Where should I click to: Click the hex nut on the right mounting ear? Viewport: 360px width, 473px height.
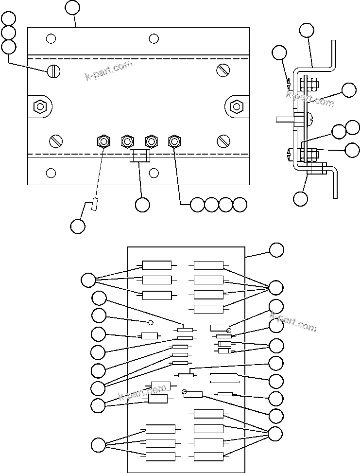[237, 105]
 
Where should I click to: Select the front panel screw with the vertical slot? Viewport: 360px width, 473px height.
[53, 71]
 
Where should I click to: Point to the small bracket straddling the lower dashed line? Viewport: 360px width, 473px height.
[139, 156]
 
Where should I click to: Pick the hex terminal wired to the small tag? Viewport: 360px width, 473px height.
[103, 141]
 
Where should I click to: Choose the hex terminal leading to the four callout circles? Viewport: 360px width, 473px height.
[174, 141]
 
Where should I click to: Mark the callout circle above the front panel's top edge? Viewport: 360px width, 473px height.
[72, 8]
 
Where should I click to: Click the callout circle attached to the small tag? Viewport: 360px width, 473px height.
[77, 226]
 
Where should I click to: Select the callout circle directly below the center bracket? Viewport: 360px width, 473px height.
[142, 205]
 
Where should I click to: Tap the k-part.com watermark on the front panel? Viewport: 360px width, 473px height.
[109, 71]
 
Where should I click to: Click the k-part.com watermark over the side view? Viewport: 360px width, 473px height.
[310, 99]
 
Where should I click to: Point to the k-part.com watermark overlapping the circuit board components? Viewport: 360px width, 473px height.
[142, 392]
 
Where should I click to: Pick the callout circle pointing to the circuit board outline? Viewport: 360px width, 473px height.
[276, 250]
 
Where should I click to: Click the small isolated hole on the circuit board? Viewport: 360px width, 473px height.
[151, 322]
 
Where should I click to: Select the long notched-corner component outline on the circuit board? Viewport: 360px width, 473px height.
[224, 378]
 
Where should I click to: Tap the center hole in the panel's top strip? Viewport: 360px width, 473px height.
[154, 38]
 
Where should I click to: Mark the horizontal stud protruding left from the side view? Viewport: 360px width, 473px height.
[285, 118]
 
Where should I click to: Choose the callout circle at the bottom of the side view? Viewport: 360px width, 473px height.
[301, 198]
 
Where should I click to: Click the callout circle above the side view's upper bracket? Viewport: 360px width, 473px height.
[307, 30]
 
